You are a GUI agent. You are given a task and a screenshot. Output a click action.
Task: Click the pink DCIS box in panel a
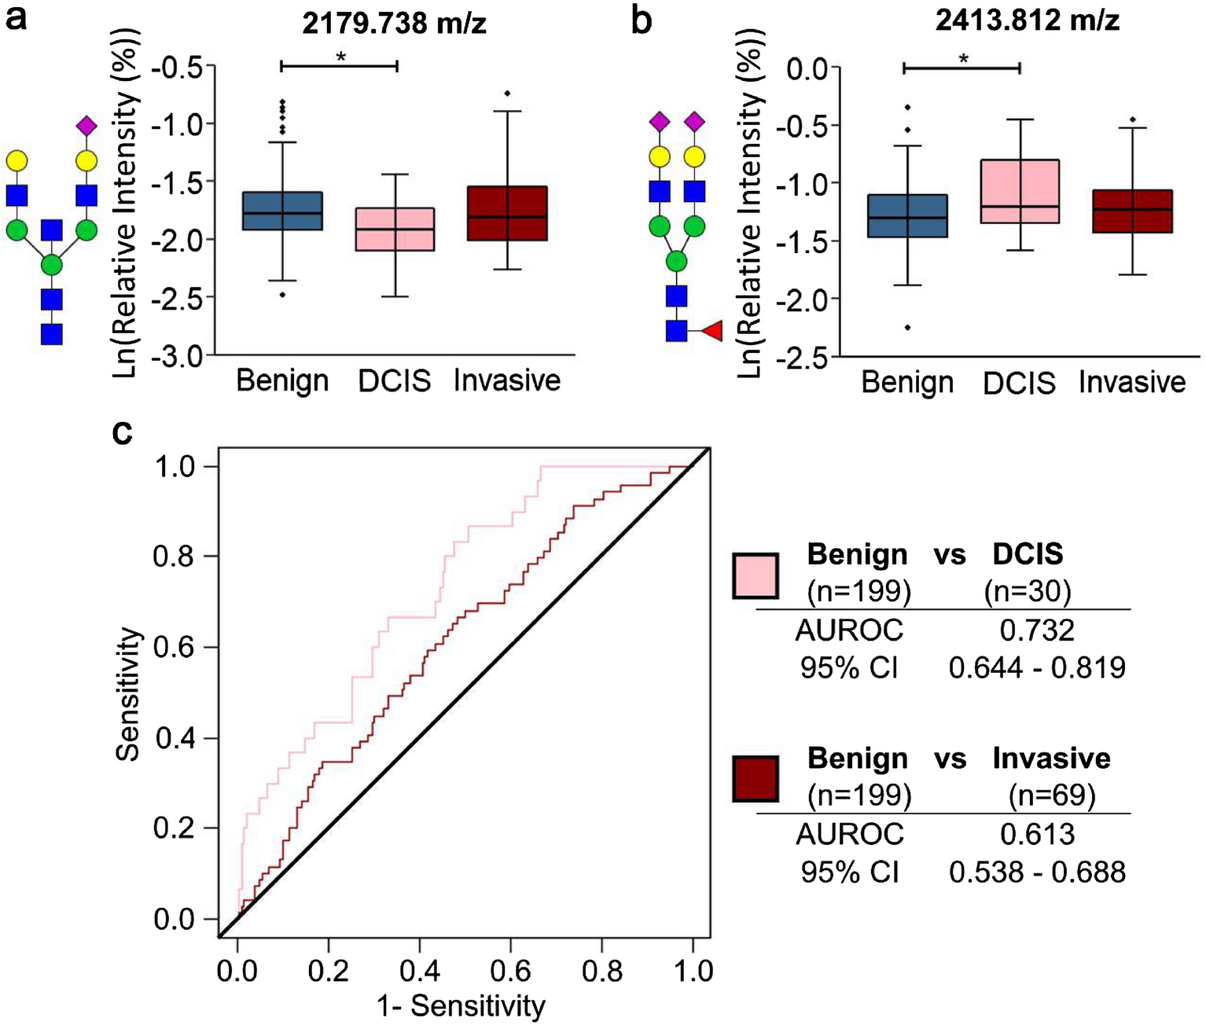click(x=395, y=229)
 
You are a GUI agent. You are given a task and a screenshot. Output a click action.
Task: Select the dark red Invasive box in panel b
click(x=1132, y=211)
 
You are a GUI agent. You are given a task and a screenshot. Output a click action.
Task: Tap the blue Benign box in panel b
click(x=907, y=215)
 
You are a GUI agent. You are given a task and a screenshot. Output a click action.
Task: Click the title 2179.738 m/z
click(x=395, y=24)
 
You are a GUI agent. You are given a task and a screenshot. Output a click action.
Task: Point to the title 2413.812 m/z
click(x=1028, y=20)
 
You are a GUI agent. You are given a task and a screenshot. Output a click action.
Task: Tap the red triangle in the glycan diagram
click(x=712, y=331)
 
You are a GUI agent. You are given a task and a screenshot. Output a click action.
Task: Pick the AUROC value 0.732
click(x=1037, y=630)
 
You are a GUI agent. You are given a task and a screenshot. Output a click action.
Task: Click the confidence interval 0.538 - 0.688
click(x=1037, y=872)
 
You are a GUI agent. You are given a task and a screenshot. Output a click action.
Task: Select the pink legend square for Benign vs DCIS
click(x=756, y=575)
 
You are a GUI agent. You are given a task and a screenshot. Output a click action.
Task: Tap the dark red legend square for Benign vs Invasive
click(x=756, y=779)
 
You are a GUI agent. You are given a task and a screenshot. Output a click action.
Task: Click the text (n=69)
click(x=1052, y=795)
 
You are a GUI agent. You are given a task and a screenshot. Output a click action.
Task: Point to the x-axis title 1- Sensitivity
click(x=461, y=1005)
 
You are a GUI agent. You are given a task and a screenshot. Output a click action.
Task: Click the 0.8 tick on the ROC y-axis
click(x=174, y=557)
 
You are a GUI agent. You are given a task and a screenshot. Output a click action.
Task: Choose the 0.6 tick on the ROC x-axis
click(x=511, y=972)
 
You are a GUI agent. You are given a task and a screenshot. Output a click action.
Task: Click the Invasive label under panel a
click(x=507, y=380)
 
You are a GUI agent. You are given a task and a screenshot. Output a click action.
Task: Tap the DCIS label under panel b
click(x=1019, y=383)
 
